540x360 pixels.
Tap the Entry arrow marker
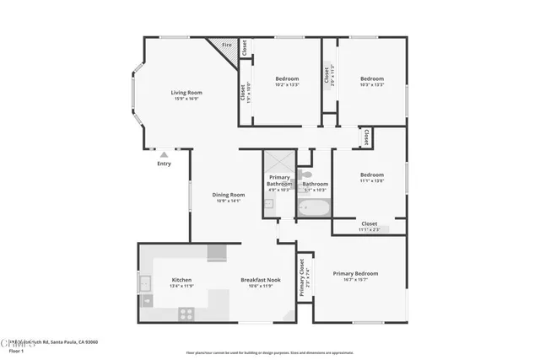164,154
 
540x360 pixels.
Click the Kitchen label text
181,279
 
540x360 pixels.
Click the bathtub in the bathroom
315,207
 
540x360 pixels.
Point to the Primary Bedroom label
355,273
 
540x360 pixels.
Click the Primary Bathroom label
279,180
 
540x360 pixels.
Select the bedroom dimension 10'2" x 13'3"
287,84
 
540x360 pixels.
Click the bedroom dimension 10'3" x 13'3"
371,84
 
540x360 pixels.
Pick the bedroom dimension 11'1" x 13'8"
371,180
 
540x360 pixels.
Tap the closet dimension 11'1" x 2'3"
370,229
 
